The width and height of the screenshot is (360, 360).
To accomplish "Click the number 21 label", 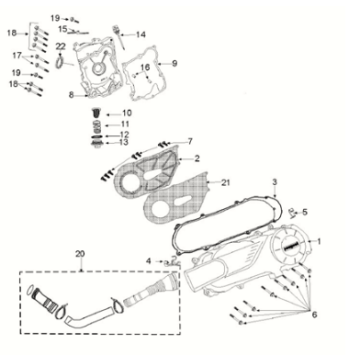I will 226,181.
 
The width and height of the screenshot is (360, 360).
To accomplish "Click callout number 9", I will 174,63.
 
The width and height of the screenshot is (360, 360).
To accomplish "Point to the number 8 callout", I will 71,95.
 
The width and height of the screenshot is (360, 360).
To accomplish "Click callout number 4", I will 148,262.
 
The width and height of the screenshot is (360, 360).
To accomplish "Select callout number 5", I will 306,211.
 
